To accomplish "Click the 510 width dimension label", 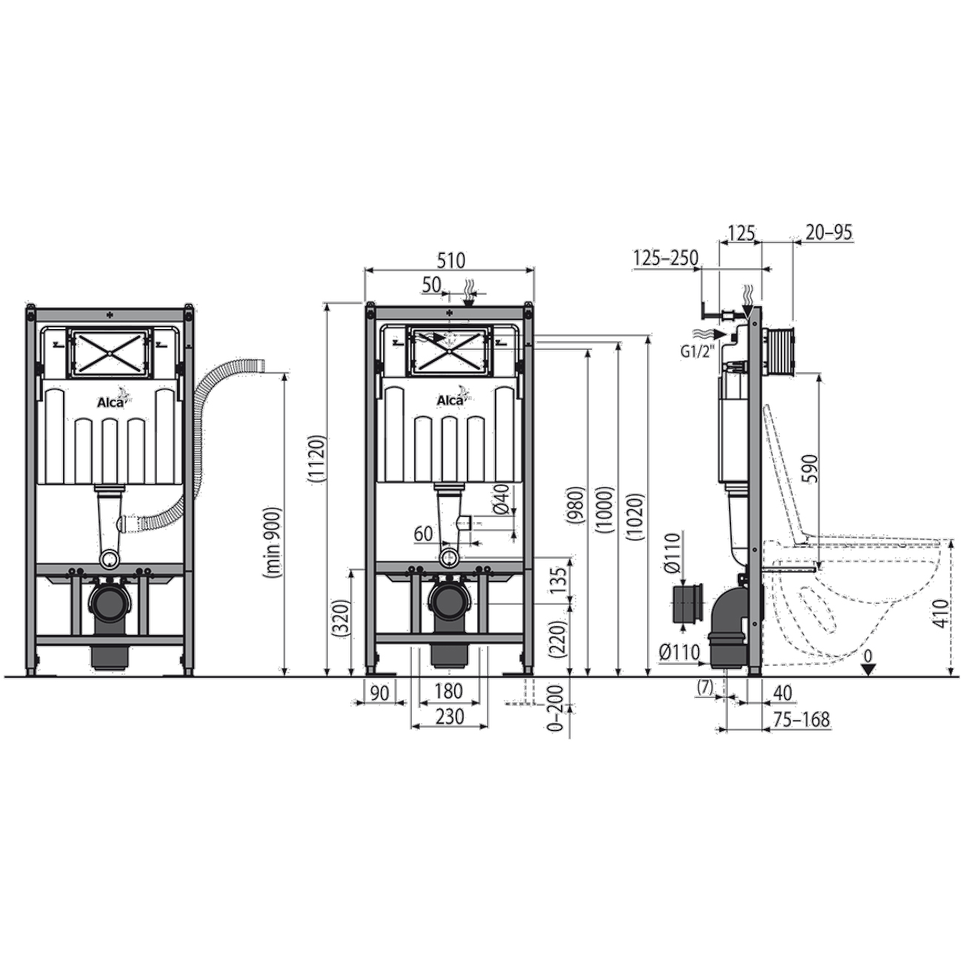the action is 451,261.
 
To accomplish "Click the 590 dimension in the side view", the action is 809,467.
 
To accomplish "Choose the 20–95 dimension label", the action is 827,233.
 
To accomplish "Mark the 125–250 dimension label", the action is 666,259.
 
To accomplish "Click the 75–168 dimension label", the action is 801,719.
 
